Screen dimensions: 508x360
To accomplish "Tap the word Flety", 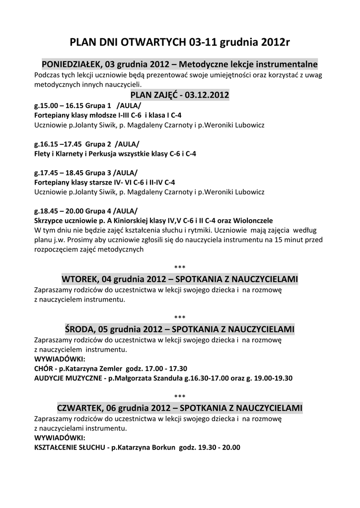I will (42, 154).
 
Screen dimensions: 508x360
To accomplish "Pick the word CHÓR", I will (44, 369).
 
